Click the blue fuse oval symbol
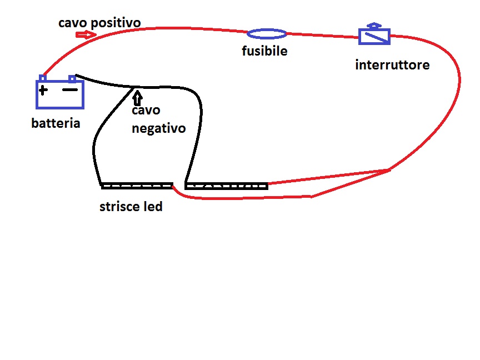(x=267, y=34)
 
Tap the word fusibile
(x=264, y=51)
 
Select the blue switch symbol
(x=375, y=37)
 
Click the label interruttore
(x=392, y=65)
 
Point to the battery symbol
(x=60, y=94)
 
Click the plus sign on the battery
(x=43, y=89)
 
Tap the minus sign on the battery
(x=69, y=89)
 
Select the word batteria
(x=56, y=123)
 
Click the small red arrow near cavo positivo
(x=86, y=34)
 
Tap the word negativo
(x=158, y=128)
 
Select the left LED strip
(x=137, y=186)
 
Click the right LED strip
(x=227, y=186)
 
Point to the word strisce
(x=120, y=207)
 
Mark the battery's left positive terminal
(x=43, y=78)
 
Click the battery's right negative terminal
(x=72, y=78)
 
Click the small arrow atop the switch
(x=375, y=26)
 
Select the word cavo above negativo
(x=144, y=111)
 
